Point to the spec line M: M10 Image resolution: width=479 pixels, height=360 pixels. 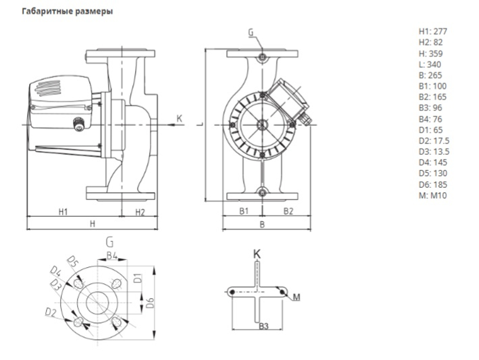click(x=433, y=195)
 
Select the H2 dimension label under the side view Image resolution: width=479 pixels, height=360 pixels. click(x=139, y=212)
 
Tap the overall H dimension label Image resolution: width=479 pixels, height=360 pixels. click(x=92, y=223)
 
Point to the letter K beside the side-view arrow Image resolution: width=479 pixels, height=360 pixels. click(x=180, y=118)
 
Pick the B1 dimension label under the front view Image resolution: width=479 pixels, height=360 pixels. click(x=244, y=211)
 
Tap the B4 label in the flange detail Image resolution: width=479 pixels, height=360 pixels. click(x=112, y=255)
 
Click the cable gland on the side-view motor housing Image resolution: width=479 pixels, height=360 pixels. click(x=79, y=124)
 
